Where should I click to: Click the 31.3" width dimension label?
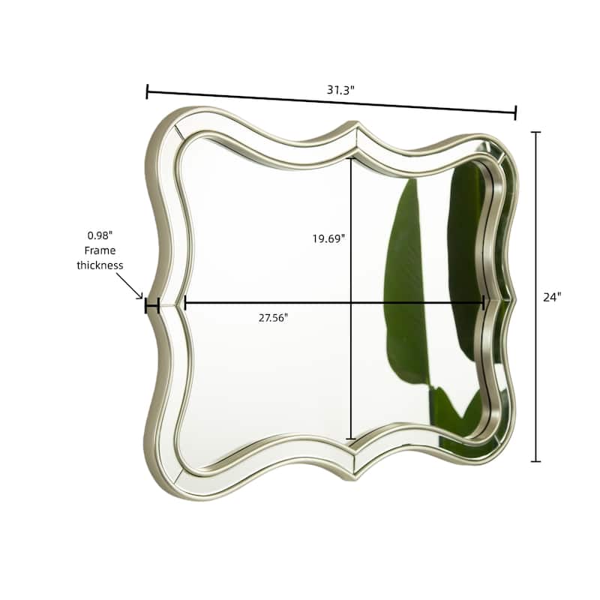340,89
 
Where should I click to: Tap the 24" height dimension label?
552,296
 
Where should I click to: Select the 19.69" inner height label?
328,238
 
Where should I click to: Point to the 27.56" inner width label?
273,317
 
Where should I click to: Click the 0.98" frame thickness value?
100,235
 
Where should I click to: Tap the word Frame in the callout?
100,250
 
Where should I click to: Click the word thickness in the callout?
100,265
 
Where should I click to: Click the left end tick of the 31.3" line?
147,91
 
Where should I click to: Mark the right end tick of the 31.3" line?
516,112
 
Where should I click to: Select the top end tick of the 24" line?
535,132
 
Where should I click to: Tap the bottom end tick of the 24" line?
535,461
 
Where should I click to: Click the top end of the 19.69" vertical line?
351,158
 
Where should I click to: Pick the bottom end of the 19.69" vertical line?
351,439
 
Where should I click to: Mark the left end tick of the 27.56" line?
184,303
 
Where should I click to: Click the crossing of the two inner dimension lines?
351,303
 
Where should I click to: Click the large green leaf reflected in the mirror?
405,285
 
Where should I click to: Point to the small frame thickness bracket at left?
152,305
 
